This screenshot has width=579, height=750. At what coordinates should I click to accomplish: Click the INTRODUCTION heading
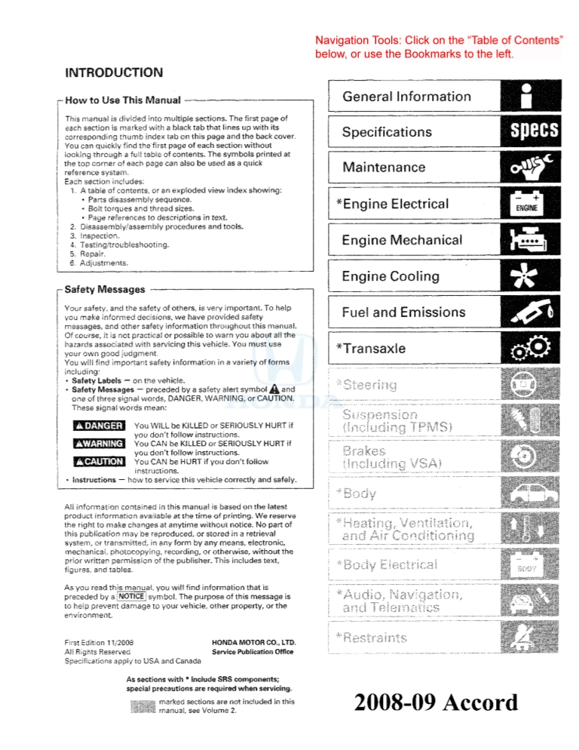point(114,73)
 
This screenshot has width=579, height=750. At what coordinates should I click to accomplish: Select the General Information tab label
point(406,97)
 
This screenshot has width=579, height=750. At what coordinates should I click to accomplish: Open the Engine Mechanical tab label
point(402,240)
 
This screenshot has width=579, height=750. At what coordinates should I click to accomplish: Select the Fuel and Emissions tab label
point(403,312)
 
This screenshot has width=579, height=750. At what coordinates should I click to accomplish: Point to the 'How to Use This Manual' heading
point(123,100)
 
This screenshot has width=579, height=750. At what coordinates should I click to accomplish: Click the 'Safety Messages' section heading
point(105,289)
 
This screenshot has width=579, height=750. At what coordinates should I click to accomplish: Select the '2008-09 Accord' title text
point(437,702)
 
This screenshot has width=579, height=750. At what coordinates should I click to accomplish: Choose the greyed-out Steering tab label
point(370,386)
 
